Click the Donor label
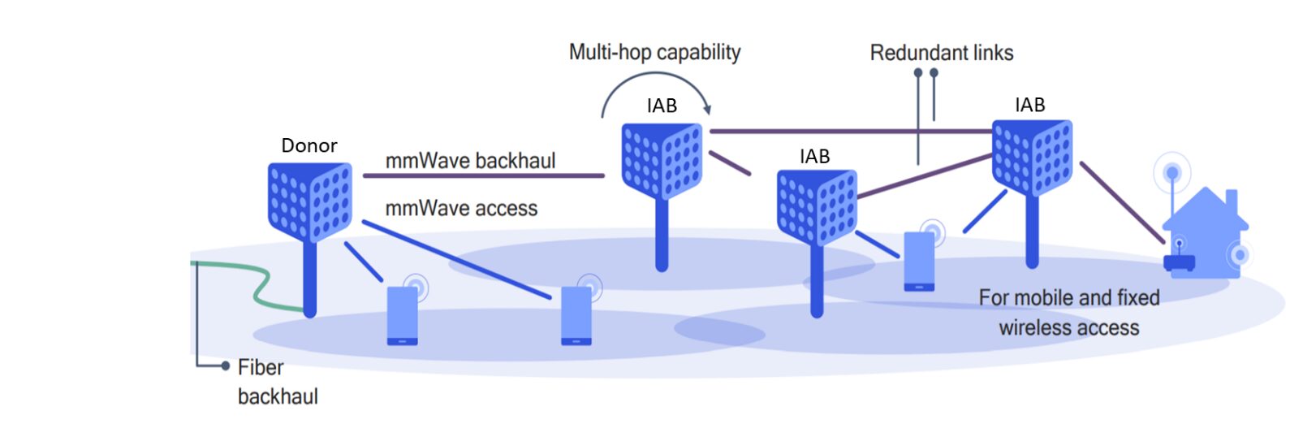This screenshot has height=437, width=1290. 308,145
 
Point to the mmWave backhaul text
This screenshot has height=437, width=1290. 470,161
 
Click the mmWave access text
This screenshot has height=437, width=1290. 461,209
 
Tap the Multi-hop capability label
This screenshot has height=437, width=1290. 654,53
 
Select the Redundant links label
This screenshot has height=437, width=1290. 942,54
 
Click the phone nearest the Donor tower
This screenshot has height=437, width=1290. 402,315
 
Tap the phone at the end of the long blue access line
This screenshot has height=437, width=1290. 576,315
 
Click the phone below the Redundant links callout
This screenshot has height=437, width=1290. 919,261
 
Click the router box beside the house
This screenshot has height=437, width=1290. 1179,263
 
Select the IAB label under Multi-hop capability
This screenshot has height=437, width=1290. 662,106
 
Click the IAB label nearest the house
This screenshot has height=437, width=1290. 1029,105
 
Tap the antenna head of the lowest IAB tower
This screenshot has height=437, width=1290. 817,206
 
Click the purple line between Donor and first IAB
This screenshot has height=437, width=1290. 483,175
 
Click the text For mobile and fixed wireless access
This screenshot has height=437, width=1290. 1068,313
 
